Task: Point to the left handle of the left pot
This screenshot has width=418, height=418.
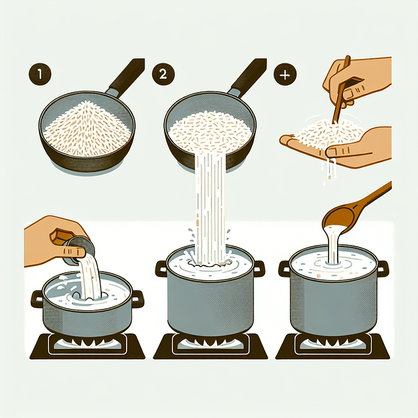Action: pos(38,300)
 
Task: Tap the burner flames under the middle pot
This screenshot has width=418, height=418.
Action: pos(210,341)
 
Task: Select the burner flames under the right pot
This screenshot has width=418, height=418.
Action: pos(333,341)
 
